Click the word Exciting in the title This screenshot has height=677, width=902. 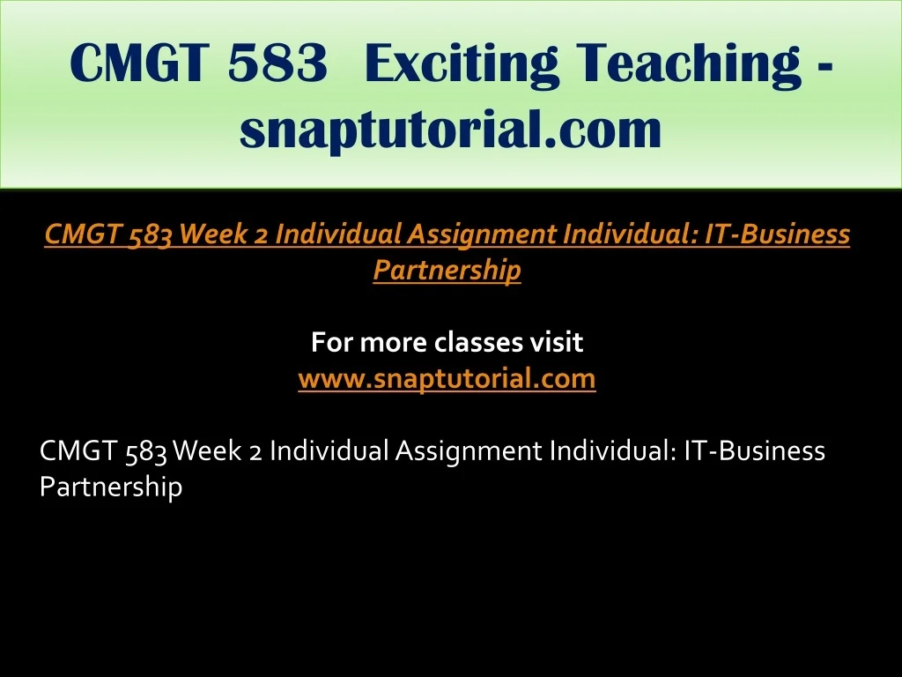[x=462, y=63]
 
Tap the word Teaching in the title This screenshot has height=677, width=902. [x=689, y=63]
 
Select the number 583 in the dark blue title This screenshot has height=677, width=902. [x=277, y=63]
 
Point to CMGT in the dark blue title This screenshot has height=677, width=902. [x=138, y=63]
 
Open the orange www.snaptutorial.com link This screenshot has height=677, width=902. [x=447, y=378]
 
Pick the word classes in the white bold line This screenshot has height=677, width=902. [x=477, y=342]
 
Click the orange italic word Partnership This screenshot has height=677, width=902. [x=447, y=270]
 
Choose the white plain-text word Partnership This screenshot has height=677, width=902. [x=111, y=487]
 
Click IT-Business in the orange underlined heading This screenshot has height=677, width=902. [x=777, y=234]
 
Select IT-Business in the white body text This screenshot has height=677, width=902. [x=755, y=450]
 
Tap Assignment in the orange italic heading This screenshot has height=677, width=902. [x=482, y=234]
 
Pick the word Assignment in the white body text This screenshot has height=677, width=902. [x=469, y=451]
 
